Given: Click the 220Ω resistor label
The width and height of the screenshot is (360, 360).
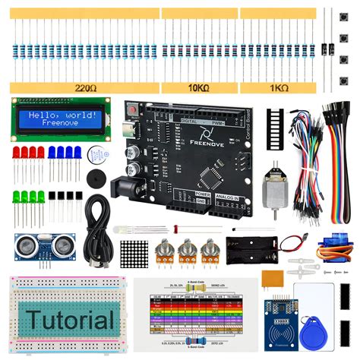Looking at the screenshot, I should (86, 88).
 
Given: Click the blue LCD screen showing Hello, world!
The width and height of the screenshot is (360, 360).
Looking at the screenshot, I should (58, 118).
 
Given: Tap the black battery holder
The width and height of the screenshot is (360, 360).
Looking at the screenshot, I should (254, 246).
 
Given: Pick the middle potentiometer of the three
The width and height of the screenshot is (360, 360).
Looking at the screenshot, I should (186, 251).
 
